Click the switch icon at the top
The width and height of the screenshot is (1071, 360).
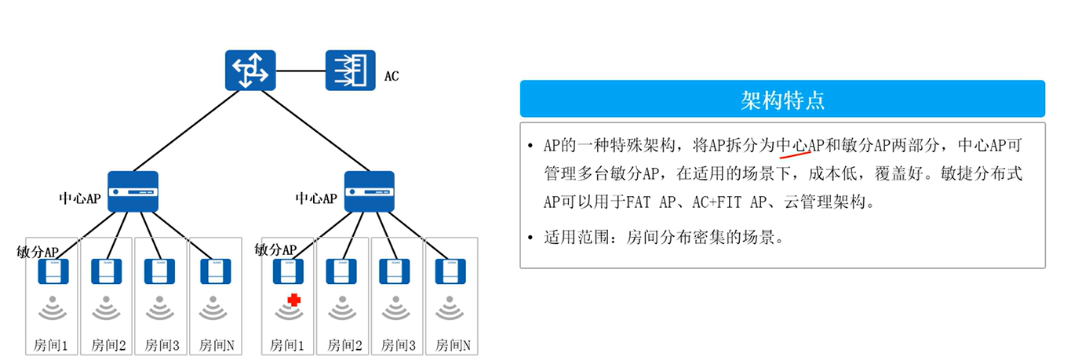click(x=250, y=70)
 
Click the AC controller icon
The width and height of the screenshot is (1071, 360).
click(x=351, y=70)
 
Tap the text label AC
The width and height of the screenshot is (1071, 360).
click(x=392, y=77)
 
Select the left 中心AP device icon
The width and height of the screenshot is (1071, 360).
click(x=133, y=191)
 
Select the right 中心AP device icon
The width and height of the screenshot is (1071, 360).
click(x=369, y=191)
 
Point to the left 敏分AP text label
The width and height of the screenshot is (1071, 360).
click(x=38, y=251)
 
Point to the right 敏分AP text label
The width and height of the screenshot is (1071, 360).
click(x=276, y=249)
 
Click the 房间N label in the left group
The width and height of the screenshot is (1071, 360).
click(x=215, y=344)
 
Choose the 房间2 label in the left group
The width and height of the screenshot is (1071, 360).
click(x=108, y=344)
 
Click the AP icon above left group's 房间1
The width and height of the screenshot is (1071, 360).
click(x=53, y=271)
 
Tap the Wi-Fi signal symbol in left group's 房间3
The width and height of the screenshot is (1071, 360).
click(x=160, y=309)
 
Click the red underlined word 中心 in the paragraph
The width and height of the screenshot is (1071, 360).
click(x=792, y=145)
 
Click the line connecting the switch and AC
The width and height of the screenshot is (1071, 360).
click(x=301, y=71)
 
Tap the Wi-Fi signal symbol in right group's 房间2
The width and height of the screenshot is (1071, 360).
click(x=343, y=309)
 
